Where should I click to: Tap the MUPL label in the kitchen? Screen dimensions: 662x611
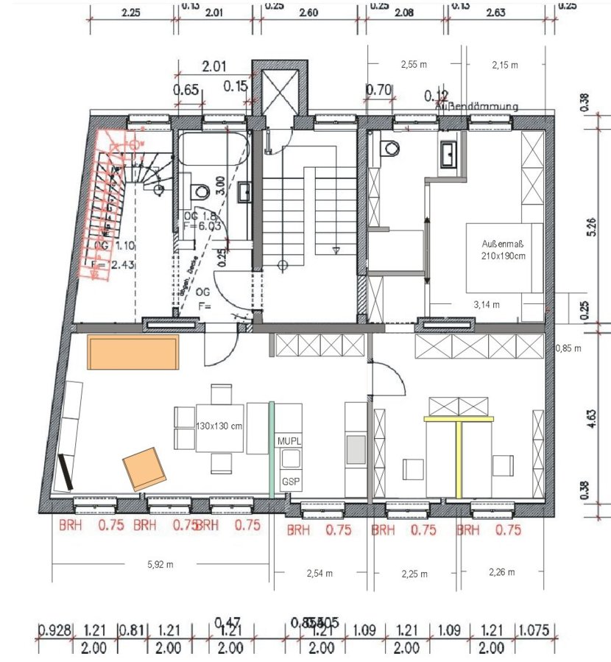click(289, 440)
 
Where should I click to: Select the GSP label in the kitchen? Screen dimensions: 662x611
click(289, 482)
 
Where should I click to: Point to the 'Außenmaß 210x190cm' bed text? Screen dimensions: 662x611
click(503, 250)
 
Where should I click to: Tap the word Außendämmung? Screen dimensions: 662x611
click(476, 107)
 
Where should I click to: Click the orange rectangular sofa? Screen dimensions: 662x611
click(133, 353)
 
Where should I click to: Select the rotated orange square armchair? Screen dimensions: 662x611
click(143, 468)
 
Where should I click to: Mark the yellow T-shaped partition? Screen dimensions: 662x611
click(457, 449)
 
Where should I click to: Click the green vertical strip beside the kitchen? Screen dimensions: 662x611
click(272, 448)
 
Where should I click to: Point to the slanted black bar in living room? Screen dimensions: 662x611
click(66, 471)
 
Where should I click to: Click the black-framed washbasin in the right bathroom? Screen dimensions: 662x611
click(449, 153)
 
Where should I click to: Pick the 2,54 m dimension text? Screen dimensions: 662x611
click(319, 574)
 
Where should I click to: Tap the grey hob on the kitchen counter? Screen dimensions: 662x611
click(356, 448)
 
